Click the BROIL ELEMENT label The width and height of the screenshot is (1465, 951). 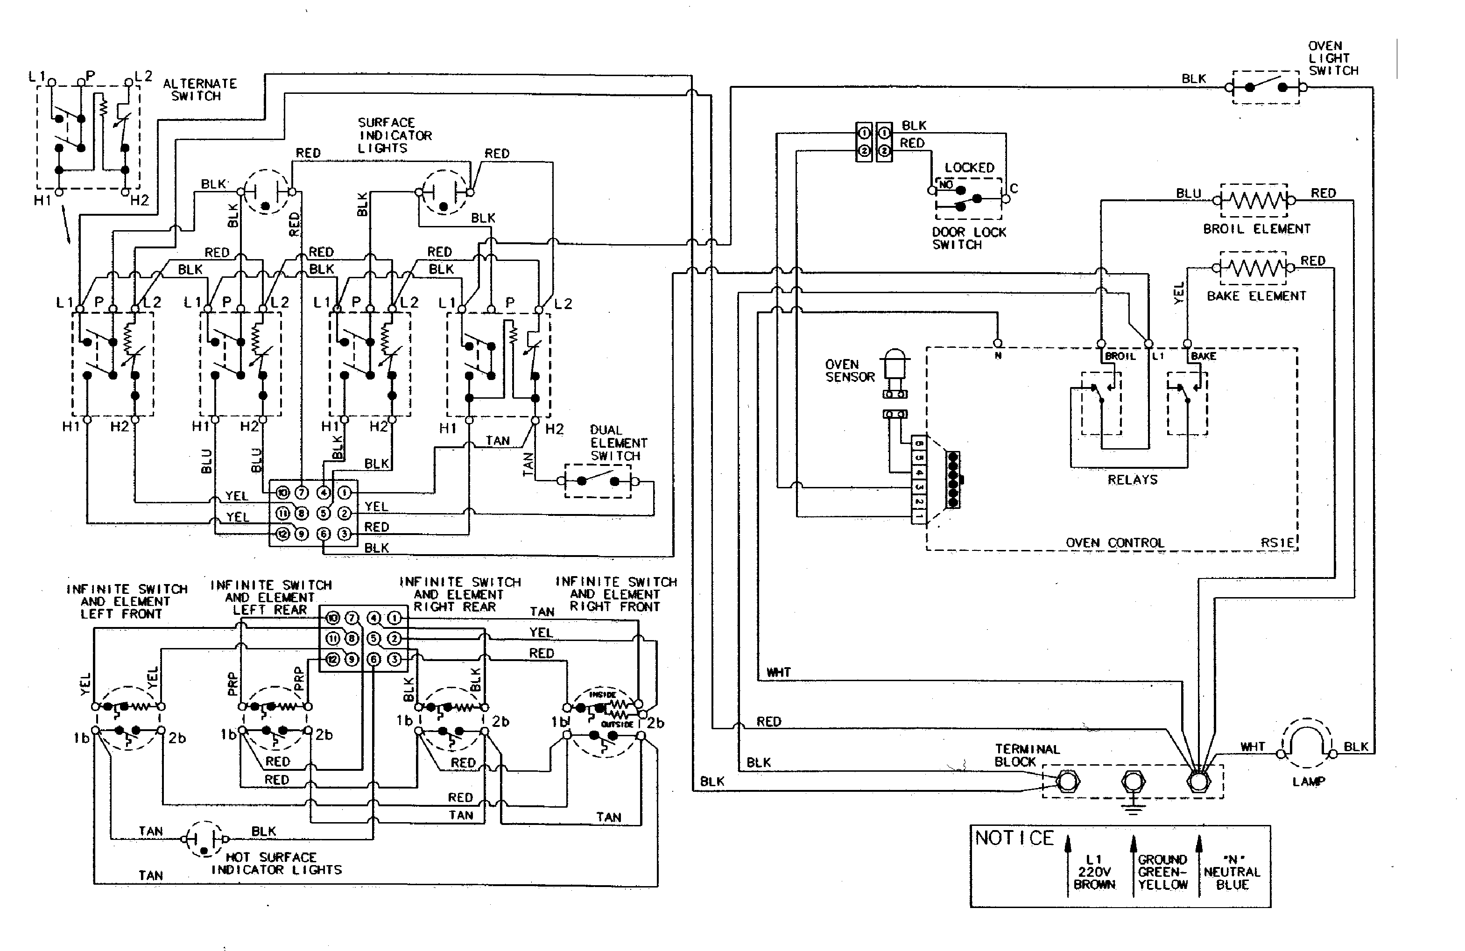1256,229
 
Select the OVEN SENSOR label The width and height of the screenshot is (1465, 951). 850,371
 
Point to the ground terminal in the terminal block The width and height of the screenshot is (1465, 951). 1133,782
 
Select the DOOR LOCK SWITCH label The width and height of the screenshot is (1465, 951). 968,238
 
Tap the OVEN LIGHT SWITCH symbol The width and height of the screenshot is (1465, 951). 1266,87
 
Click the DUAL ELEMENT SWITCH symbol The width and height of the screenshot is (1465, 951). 598,481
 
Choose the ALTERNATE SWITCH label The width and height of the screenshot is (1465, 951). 199,89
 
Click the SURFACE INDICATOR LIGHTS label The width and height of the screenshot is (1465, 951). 394,135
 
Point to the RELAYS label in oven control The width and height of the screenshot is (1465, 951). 1132,479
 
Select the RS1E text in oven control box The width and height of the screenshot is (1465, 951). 1277,543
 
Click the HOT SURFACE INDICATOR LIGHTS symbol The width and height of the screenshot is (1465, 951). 204,838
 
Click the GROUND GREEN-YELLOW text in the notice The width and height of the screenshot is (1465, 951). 1162,872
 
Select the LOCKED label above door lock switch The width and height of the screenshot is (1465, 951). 969,168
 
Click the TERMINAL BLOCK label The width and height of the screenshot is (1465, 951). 1027,755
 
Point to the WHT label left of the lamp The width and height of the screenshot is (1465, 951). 1252,747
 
